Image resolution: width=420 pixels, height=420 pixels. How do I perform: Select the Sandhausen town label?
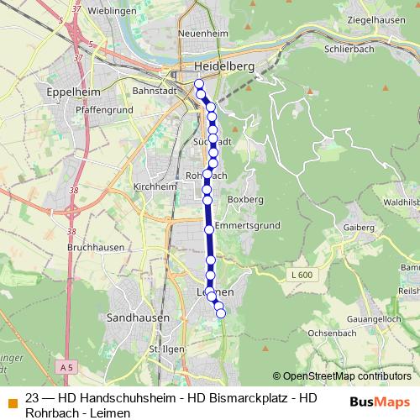pos(139,318)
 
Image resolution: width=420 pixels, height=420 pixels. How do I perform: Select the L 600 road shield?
pos(303,275)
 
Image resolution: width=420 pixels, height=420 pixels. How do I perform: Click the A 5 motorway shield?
pos(68,367)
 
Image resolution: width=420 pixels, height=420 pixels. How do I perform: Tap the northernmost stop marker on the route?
pos(199,83)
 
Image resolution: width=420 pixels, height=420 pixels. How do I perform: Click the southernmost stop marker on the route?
pos(221,313)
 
